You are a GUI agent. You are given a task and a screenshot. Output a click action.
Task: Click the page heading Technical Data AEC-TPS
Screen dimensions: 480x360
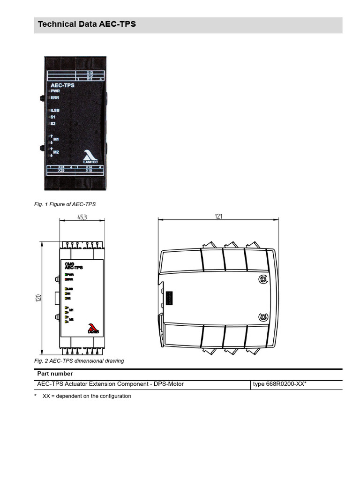pyautogui.click(x=87, y=24)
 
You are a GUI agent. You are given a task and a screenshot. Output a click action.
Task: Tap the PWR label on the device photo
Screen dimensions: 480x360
pyautogui.click(x=55, y=91)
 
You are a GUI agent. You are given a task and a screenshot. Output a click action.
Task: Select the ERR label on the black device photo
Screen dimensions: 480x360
pyautogui.click(x=55, y=97)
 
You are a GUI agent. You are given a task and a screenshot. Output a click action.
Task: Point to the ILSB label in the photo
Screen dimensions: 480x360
pyautogui.click(x=55, y=111)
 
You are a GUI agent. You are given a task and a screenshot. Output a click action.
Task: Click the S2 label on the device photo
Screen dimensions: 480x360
pyautogui.click(x=53, y=124)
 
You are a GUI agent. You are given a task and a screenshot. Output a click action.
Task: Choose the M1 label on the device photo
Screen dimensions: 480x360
pyautogui.click(x=56, y=139)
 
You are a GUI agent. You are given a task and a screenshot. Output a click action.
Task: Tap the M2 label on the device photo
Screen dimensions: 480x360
pyautogui.click(x=56, y=152)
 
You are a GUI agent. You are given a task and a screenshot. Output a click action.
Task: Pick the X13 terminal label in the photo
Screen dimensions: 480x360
pyautogui.click(x=90, y=72)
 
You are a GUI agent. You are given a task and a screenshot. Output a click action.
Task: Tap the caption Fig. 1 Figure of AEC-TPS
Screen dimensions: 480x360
pyautogui.click(x=65, y=204)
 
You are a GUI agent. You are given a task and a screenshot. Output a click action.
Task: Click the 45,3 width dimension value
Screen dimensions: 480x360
pyautogui.click(x=82, y=217)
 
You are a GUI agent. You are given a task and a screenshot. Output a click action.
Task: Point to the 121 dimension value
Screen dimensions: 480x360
pyautogui.click(x=218, y=217)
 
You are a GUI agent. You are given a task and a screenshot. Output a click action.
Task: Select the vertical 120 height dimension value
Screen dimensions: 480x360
pyautogui.click(x=39, y=298)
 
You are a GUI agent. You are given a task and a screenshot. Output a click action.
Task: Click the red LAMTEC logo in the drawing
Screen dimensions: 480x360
pyautogui.click(x=93, y=328)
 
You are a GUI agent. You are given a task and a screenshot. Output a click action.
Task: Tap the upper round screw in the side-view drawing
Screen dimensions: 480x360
pyautogui.click(x=263, y=279)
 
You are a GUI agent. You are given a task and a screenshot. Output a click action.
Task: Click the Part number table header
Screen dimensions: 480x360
pyautogui.click(x=55, y=374)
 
